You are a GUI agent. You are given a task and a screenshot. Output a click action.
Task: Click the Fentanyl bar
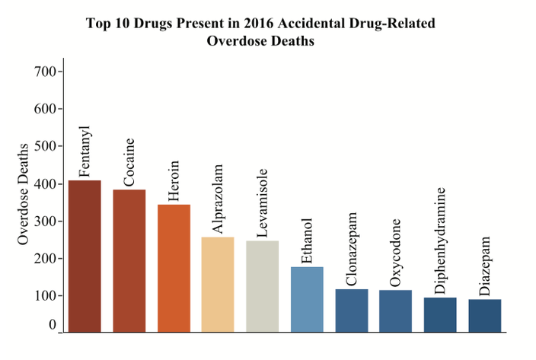(85, 256)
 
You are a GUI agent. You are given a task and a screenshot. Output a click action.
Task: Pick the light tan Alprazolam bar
(218, 285)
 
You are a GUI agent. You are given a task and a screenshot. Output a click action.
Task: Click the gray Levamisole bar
(263, 286)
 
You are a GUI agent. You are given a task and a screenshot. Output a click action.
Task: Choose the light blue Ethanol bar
(307, 300)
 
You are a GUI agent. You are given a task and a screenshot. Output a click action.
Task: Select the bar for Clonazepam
(352, 311)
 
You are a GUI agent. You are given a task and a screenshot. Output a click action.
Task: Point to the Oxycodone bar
(396, 311)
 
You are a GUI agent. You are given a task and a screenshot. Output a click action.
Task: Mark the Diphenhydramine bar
(440, 315)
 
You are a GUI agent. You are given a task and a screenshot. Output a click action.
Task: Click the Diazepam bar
(485, 316)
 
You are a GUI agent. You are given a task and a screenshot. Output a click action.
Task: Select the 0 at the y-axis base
(53, 325)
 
